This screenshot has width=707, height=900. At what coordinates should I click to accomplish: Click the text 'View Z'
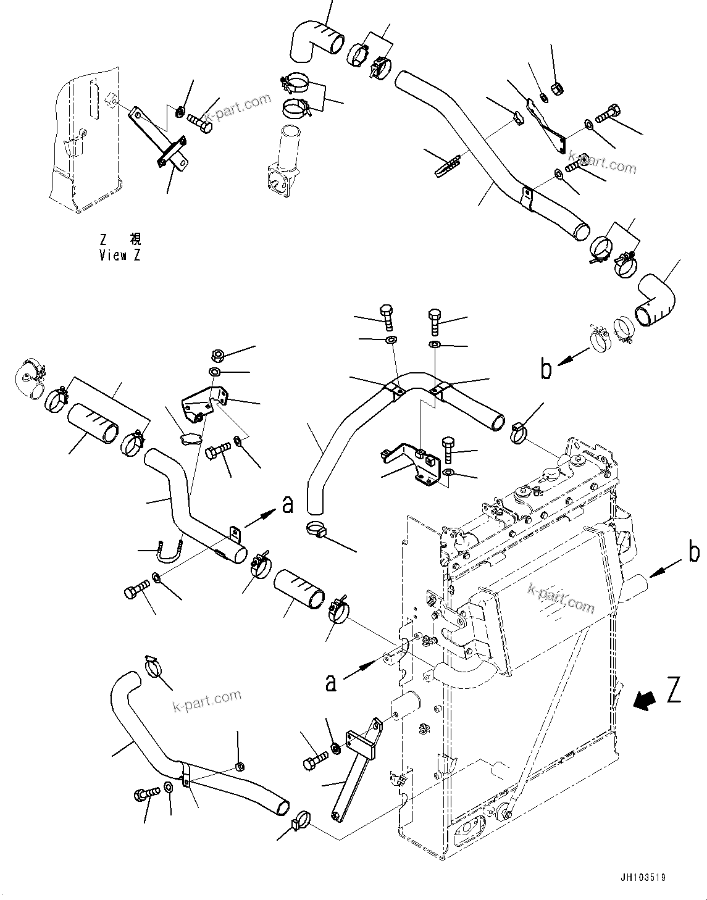pyautogui.click(x=120, y=255)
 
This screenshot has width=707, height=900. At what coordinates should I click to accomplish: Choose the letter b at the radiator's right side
pyautogui.click(x=694, y=553)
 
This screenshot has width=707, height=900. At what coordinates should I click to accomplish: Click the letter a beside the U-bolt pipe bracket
pyautogui.click(x=287, y=504)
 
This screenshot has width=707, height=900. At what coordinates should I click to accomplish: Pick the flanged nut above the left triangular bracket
pyautogui.click(x=216, y=356)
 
